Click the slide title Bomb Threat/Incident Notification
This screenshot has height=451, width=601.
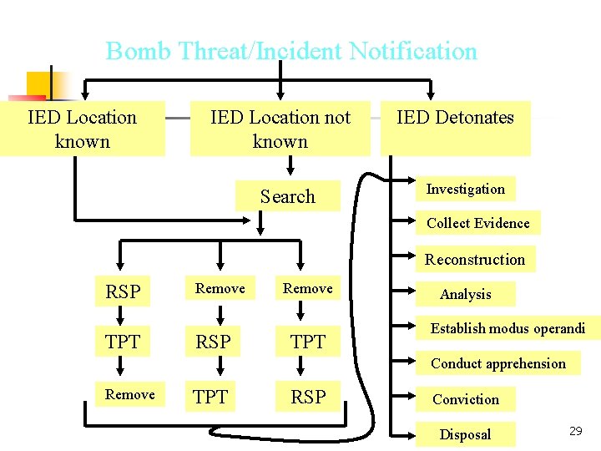(291, 52)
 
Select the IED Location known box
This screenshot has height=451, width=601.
(82, 129)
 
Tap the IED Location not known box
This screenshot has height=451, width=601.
(280, 129)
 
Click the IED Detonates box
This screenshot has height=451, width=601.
(455, 118)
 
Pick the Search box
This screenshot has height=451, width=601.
(287, 197)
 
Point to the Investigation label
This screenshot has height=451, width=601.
(465, 189)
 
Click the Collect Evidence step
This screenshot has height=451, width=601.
(477, 223)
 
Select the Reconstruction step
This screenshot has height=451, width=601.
(474, 259)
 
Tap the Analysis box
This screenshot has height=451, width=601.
(465, 294)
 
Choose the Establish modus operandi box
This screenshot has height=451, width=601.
(507, 328)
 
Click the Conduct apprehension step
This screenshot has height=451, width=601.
(497, 363)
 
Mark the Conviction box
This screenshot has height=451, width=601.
(465, 399)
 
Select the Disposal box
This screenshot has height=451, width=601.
(465, 434)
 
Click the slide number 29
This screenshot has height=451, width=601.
(575, 431)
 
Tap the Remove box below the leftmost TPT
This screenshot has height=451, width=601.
(129, 394)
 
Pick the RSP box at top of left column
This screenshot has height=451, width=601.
(123, 291)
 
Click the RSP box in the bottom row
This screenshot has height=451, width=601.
(308, 398)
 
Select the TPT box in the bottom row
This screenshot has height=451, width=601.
(210, 398)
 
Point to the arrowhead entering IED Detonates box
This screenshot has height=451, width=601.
(430, 92)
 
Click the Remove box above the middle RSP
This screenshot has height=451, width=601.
(220, 288)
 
